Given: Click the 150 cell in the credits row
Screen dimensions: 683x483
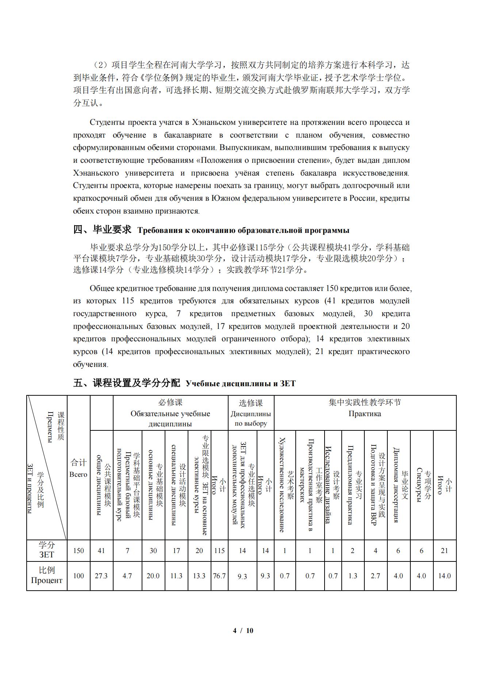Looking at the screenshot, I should [78, 550].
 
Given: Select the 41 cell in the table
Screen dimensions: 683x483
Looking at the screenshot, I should [101, 550].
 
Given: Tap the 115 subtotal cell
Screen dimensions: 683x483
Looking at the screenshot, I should [219, 550].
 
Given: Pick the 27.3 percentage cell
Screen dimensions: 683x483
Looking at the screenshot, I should [101, 576].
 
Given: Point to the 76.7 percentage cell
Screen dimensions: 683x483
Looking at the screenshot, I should [219, 576].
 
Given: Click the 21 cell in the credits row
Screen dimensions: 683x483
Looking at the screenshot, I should [444, 550].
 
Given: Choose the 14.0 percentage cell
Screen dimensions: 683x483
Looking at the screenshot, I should [444, 576].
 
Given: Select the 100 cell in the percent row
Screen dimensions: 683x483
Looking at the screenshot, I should [78, 576].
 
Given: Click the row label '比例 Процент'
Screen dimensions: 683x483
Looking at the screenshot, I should [47, 575].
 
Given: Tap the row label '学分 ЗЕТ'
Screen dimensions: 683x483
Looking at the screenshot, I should [47, 550].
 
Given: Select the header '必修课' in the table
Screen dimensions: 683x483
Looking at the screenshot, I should [170, 403].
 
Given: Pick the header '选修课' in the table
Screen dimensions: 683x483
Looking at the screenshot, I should [251, 403].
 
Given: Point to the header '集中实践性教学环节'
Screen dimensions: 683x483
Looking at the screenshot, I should [365, 402].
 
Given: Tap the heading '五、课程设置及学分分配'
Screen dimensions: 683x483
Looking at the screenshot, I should [127, 383].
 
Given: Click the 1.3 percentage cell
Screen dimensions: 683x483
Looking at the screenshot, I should [353, 576].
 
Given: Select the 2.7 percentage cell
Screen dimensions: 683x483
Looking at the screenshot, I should [375, 576].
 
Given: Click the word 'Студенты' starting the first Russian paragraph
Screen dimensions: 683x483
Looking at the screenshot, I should [103, 122].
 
